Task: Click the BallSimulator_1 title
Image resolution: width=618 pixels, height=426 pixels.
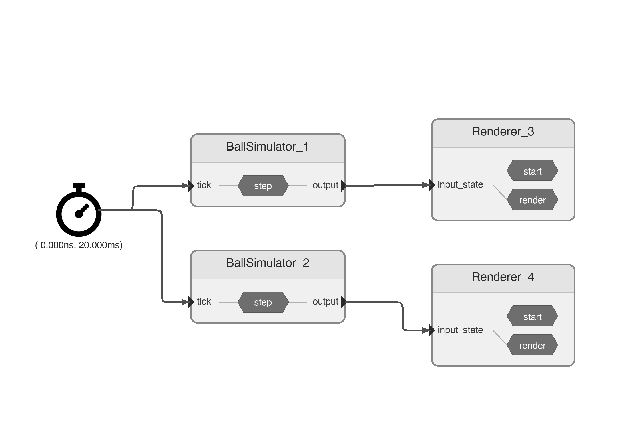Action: coord(267,147)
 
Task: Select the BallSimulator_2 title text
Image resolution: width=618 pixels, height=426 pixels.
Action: coord(267,263)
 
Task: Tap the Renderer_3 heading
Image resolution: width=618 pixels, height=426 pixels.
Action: coord(503,132)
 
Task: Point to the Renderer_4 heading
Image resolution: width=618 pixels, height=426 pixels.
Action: coord(503,277)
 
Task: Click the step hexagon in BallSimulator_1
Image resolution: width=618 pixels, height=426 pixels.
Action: coord(263,186)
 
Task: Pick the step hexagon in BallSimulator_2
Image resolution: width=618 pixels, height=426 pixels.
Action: coord(263,302)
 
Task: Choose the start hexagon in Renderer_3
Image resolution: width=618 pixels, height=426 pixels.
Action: coord(532,171)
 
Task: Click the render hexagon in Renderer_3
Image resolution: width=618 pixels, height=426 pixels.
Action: coord(532,200)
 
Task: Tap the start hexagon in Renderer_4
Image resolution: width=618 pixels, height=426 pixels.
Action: coord(532,317)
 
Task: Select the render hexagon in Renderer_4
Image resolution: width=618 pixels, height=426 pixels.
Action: coord(532,345)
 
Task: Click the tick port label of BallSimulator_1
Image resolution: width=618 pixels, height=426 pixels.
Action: coord(204,185)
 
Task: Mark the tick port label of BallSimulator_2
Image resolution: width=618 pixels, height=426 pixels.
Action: coord(204,302)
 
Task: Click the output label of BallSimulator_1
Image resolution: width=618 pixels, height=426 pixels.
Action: coord(325,185)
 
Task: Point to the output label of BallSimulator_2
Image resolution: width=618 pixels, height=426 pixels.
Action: coord(325,302)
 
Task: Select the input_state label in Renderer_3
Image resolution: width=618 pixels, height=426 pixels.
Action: coord(460,185)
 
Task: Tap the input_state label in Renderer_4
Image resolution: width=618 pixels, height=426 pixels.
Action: coord(460,330)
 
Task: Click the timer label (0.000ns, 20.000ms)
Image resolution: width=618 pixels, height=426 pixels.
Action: coord(79,245)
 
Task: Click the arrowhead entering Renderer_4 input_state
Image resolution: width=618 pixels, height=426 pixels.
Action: coord(431,330)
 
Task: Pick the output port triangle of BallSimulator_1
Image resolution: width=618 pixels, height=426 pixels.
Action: coord(344,186)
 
